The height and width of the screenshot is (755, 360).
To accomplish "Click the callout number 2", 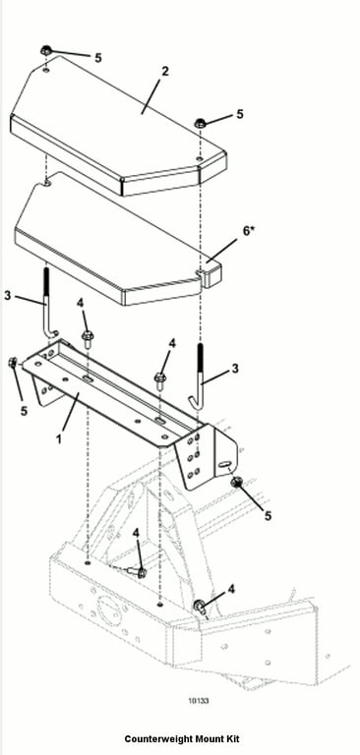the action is (x=165, y=72).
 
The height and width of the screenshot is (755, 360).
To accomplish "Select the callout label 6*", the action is (x=248, y=231).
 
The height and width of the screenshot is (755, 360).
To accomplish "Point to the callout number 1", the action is (x=59, y=439).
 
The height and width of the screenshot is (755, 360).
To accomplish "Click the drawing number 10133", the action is (x=199, y=701).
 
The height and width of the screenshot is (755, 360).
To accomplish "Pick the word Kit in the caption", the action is (x=232, y=738).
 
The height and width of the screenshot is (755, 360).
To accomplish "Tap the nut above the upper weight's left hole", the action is (x=46, y=49).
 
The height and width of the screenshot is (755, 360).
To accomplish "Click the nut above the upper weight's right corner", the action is (x=200, y=123).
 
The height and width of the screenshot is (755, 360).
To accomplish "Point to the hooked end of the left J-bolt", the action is (x=52, y=333).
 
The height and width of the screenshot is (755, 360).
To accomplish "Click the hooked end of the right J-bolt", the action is (x=195, y=403).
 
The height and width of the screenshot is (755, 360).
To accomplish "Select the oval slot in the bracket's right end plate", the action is (x=223, y=464).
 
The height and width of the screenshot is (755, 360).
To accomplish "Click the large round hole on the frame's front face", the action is (x=107, y=610).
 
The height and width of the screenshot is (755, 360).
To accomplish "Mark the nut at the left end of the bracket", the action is (x=13, y=363).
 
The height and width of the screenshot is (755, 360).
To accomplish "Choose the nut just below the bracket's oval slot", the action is (x=237, y=482).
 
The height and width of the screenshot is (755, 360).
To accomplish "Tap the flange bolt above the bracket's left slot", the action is (x=88, y=336).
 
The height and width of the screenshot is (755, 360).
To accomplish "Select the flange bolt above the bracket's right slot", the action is (x=160, y=378).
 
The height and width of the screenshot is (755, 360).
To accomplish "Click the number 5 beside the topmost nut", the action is (x=97, y=58).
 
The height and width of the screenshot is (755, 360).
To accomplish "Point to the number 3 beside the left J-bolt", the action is (x=7, y=295).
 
